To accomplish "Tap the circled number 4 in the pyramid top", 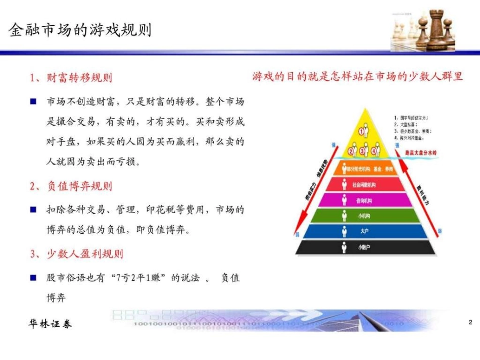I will (x=374, y=151).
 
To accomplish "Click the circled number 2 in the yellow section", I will (x=350, y=151).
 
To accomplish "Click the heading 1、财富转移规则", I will (x=71, y=78).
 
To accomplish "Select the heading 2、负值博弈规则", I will (x=71, y=186).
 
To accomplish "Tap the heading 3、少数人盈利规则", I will (x=76, y=253).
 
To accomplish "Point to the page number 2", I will (x=470, y=322).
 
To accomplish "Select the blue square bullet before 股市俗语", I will (x=33, y=278).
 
